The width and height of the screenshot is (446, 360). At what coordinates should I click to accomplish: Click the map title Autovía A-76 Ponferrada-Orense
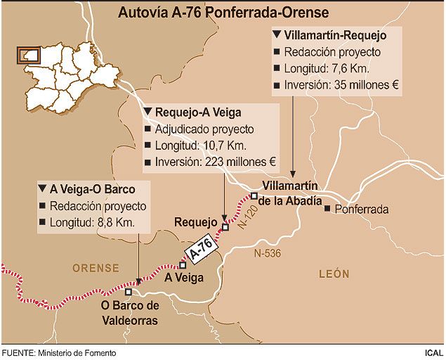tap(223, 13)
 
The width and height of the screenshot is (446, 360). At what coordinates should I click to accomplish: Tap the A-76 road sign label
tap(198, 248)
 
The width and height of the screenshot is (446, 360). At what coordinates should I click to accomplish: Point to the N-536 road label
tap(266, 253)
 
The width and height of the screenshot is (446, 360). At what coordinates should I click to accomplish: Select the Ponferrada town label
tap(362, 210)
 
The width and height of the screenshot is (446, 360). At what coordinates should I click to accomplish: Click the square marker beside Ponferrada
tap(327, 208)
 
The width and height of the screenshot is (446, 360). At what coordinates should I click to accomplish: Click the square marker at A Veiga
tap(183, 266)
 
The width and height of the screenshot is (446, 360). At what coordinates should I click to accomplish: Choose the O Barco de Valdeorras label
tap(130, 314)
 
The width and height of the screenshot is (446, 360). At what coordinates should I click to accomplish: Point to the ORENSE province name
tap(96, 268)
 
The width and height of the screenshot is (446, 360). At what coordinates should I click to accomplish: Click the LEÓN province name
tap(334, 274)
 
